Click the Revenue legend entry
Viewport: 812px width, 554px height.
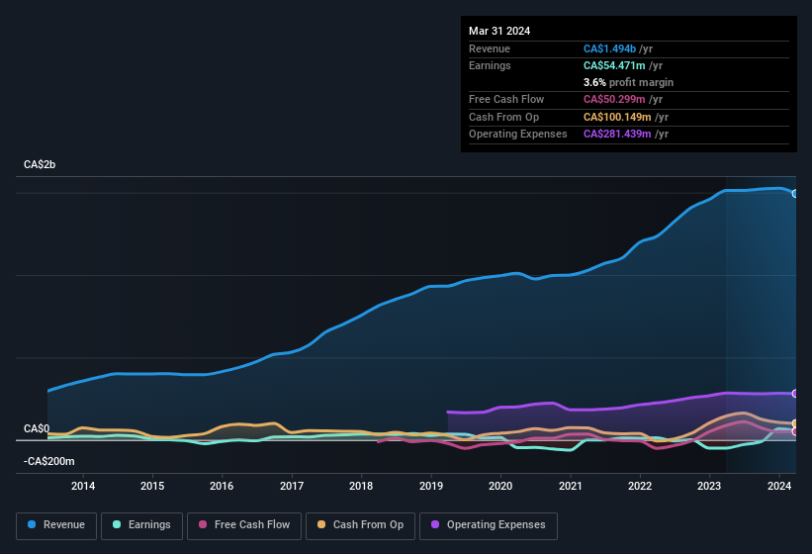coord(56,524)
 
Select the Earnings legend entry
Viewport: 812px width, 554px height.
coord(142,524)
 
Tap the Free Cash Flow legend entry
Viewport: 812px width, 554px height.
coord(244,524)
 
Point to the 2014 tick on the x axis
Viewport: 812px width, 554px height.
coord(83,486)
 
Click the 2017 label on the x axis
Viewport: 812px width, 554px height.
coord(292,486)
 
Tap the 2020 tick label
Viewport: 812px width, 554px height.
coord(500,486)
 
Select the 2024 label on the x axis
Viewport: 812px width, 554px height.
coord(779,486)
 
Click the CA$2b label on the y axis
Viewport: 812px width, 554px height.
coord(40,164)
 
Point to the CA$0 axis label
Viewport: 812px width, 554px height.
coord(37,428)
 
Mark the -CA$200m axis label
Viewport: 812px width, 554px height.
coord(48,461)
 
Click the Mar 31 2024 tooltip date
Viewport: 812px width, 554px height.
coord(499,31)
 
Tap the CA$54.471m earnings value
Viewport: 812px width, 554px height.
coord(613,65)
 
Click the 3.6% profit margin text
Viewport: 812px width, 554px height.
coord(628,82)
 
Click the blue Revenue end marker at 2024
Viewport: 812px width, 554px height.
coord(795,194)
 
